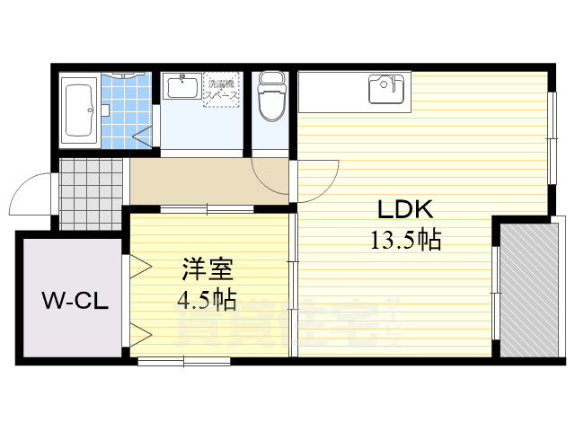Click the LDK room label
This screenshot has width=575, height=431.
pos(404,211)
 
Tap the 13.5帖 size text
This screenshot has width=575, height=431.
pos(404,241)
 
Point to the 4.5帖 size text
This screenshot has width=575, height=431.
pos(208,296)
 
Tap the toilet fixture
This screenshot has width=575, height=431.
pos(270,97)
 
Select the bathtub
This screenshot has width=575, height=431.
pos(79,110)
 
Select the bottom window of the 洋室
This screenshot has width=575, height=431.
pos(184,361)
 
